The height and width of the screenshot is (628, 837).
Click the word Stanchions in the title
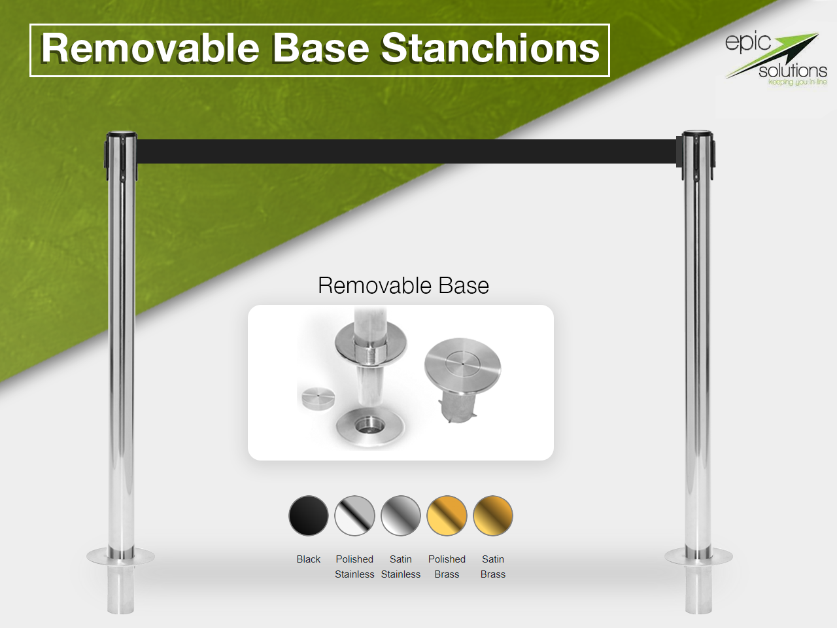(490, 49)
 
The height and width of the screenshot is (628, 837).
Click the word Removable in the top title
(150, 49)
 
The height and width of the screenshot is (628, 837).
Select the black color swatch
(309, 515)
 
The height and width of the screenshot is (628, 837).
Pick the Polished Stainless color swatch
(354, 515)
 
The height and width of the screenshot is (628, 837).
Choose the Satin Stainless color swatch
(401, 515)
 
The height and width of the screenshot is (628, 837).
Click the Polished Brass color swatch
(447, 515)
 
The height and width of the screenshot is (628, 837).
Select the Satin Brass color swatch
(493, 515)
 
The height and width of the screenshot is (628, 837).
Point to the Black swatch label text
(309, 559)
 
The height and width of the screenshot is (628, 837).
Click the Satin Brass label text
(493, 567)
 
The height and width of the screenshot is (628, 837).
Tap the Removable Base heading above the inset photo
(403, 286)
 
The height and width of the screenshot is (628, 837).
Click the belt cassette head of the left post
(121, 154)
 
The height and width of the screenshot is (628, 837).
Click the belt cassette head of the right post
(698, 154)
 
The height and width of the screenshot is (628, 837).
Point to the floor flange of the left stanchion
(121, 557)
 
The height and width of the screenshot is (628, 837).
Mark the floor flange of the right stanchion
(698, 557)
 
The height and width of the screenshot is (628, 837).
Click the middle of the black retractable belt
(405, 151)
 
